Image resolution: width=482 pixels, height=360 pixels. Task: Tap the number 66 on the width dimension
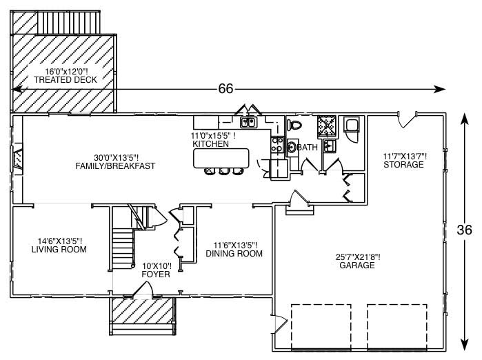coord(225,88)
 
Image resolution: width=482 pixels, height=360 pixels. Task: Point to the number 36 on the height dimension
coord(464,230)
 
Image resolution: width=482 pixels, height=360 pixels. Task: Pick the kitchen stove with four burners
coord(277,144)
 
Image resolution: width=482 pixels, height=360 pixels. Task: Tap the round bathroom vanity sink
coord(292,147)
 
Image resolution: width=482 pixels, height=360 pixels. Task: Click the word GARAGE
coord(357,266)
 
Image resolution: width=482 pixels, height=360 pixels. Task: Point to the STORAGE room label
coord(403,165)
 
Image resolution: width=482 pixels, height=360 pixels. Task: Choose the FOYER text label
coord(156,274)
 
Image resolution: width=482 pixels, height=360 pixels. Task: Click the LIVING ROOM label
coord(59,250)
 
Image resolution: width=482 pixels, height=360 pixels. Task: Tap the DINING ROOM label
coord(234,253)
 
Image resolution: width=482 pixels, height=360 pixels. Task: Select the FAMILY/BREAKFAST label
coord(115,166)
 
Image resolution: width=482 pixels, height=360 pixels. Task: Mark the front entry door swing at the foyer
coord(143,290)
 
